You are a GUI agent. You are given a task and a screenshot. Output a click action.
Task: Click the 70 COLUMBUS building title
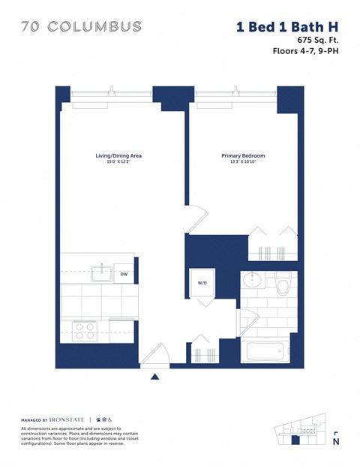tap(82, 27)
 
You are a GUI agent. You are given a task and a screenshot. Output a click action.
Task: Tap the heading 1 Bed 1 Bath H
tap(287, 27)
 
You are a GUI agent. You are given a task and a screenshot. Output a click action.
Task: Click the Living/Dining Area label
tap(118, 156)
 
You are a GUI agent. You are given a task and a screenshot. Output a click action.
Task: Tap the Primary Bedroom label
tap(243, 156)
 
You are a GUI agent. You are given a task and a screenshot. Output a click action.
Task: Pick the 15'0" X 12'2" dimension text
tap(118, 162)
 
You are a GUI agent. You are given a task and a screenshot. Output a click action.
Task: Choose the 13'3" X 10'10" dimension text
tap(243, 162)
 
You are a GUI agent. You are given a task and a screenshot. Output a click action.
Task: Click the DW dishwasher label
tap(124, 275)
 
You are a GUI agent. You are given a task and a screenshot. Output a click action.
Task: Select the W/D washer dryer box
tap(202, 283)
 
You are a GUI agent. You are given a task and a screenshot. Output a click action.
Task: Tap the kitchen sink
tap(100, 274)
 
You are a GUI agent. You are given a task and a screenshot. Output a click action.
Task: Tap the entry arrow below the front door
tap(155, 375)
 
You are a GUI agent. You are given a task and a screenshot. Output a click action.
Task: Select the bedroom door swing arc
tap(195, 218)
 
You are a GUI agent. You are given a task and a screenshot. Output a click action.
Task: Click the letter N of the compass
tap(335, 442)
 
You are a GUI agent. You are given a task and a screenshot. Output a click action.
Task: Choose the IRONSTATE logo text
tap(66, 418)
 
